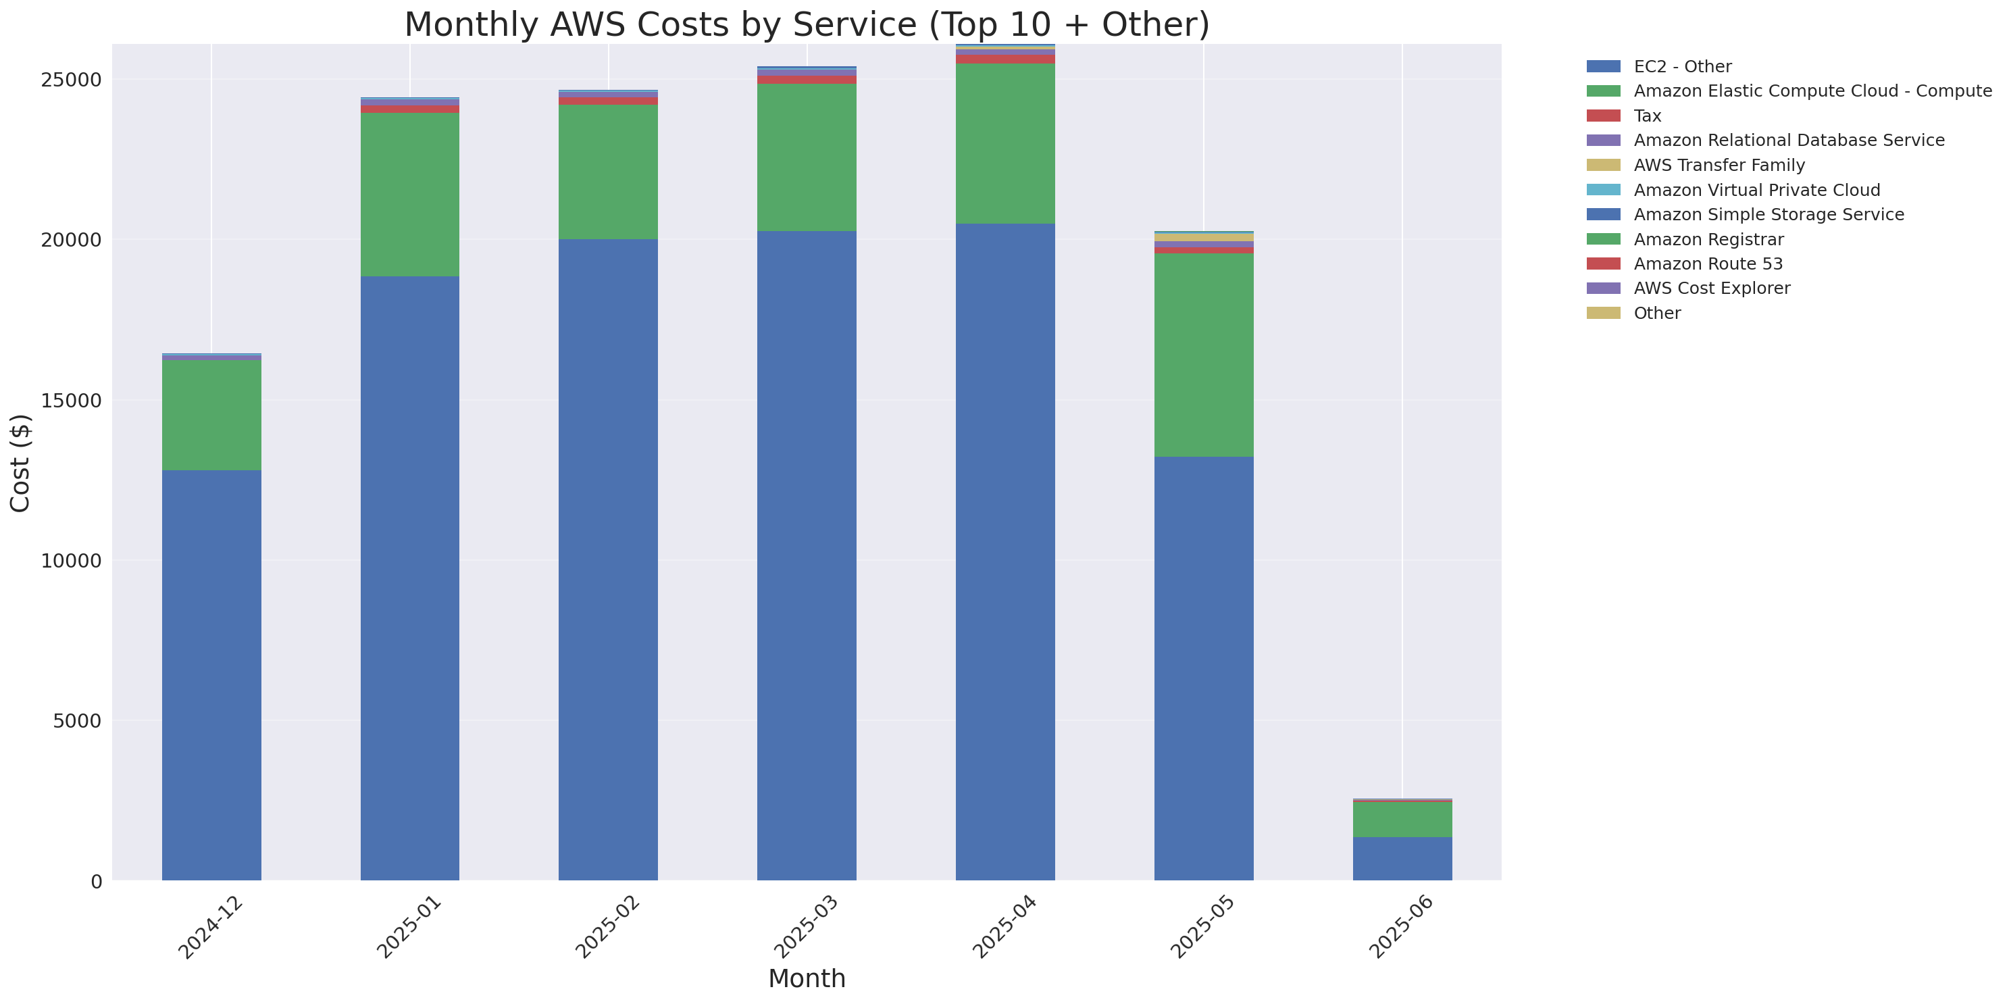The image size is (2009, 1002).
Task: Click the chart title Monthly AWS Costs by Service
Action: click(807, 24)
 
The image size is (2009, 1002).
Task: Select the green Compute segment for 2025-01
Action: click(409, 195)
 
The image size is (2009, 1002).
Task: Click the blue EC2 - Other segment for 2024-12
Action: click(211, 674)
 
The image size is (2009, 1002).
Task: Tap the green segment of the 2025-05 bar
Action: click(1203, 355)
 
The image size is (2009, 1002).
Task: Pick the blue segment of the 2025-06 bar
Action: click(1402, 859)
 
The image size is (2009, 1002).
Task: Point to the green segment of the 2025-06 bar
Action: click(1402, 820)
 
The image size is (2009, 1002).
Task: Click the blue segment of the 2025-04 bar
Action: click(1005, 552)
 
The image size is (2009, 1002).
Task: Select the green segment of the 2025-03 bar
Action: click(807, 157)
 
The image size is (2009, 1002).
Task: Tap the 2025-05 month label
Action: click(1202, 927)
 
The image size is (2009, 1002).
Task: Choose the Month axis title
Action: click(807, 978)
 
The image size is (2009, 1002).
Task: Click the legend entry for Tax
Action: click(1647, 116)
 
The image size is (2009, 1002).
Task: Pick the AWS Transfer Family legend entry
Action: click(1719, 166)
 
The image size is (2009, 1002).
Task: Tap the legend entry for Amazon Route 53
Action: click(1708, 264)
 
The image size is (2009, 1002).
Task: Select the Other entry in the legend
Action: click(1656, 314)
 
